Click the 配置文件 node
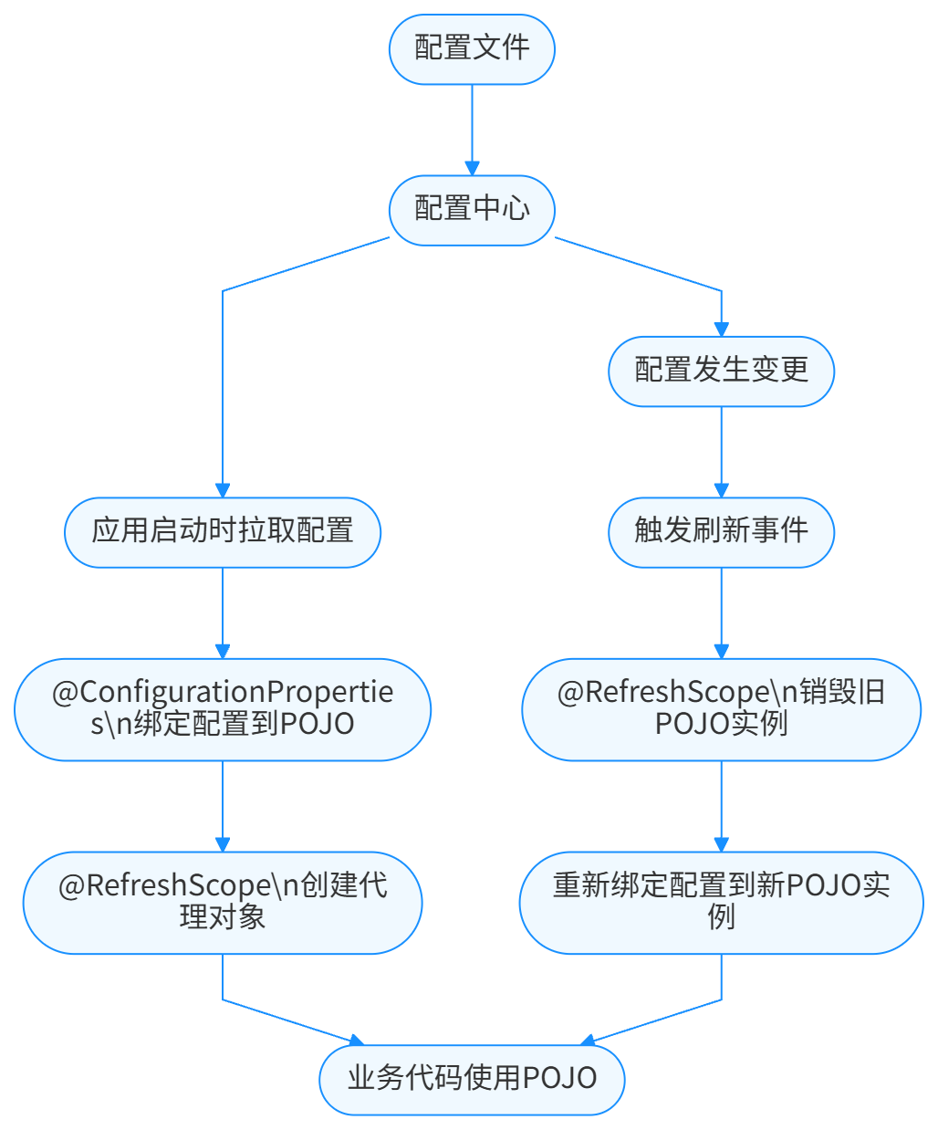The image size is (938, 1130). pyautogui.click(x=472, y=49)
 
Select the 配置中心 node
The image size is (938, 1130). pyautogui.click(x=472, y=210)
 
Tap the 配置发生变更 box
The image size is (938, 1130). pyautogui.click(x=721, y=371)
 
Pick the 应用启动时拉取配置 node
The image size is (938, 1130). pyautogui.click(x=223, y=531)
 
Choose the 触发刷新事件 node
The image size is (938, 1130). pyautogui.click(x=721, y=531)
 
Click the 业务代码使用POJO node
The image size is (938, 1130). pyautogui.click(x=472, y=1079)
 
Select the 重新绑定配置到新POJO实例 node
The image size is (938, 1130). pyautogui.click(x=721, y=902)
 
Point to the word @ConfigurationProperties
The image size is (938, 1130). pyautogui.click(x=223, y=694)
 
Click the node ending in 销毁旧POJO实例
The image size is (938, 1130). pyautogui.click(x=721, y=708)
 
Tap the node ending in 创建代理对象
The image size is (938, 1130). pyautogui.click(x=223, y=902)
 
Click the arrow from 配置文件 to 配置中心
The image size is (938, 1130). pyautogui.click(x=472, y=128)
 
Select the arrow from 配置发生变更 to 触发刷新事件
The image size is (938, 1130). pyautogui.click(x=721, y=451)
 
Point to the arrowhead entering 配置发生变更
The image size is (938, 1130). pyautogui.click(x=721, y=330)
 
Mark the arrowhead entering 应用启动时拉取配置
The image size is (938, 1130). pyautogui.click(x=223, y=490)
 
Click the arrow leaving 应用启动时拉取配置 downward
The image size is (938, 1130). pyautogui.click(x=223, y=612)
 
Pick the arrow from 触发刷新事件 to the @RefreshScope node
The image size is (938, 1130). pyautogui.click(x=721, y=612)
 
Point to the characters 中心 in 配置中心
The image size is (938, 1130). pyautogui.click(x=501, y=210)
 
